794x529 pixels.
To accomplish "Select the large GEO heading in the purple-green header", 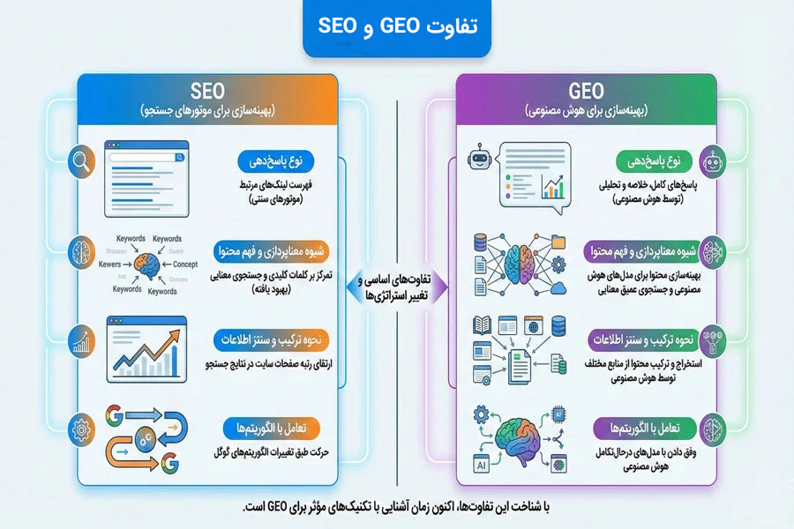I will tap(586, 92).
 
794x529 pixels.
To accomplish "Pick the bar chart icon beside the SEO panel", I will tap(82, 341).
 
